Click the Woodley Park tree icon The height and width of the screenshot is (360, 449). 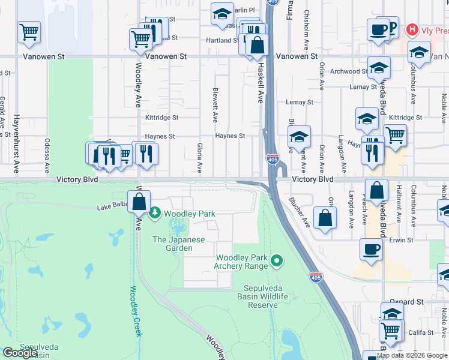pyautogui.click(x=155, y=213)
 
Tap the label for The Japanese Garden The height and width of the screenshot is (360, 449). pyautogui.click(x=180, y=244)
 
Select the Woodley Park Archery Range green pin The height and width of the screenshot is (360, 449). pyautogui.click(x=277, y=260)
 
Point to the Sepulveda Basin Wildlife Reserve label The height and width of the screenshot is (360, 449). pyautogui.click(x=266, y=297)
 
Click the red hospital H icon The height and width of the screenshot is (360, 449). pyautogui.click(x=412, y=29)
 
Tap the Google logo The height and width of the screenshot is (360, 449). pyautogui.click(x=19, y=353)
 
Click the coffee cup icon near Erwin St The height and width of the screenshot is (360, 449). pyautogui.click(x=371, y=250)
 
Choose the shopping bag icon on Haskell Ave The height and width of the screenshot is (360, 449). pyautogui.click(x=257, y=46)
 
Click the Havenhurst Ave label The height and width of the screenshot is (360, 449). pyautogui.click(x=17, y=144)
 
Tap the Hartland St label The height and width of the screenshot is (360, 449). pyautogui.click(x=221, y=40)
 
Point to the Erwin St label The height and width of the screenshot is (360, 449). pyautogui.click(x=401, y=240)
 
